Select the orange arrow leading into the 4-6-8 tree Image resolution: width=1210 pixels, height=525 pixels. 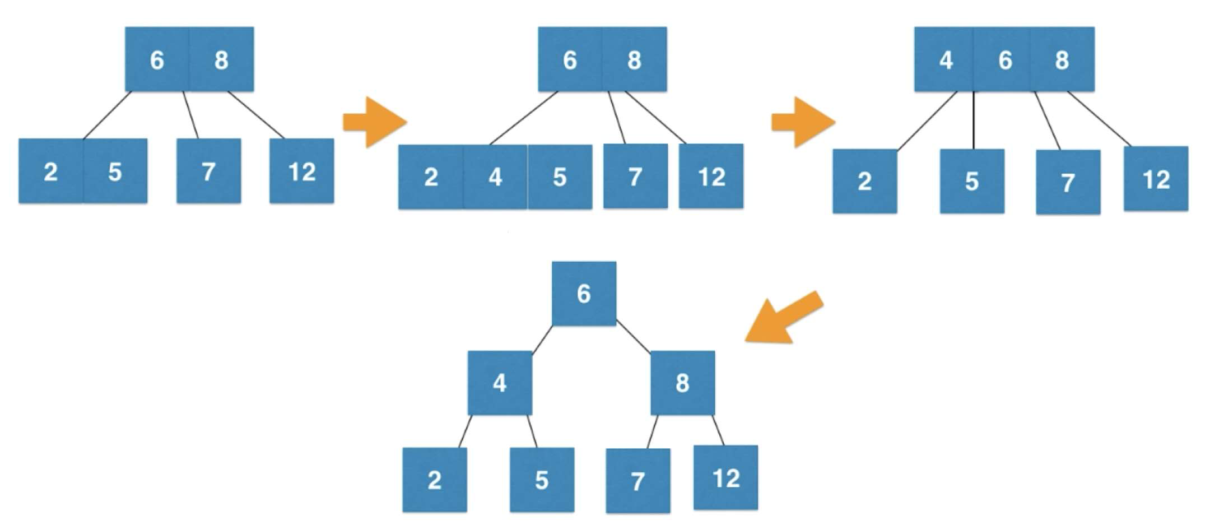[x=803, y=122]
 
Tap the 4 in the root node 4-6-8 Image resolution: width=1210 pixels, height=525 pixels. [x=944, y=59]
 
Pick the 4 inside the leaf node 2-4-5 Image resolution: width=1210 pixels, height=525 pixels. [x=495, y=177]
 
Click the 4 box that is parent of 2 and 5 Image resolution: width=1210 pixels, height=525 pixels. [x=500, y=383]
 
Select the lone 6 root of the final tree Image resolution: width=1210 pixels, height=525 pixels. [x=584, y=294]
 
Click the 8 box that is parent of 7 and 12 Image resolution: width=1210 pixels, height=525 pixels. [x=682, y=383]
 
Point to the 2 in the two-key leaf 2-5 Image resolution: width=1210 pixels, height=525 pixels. [x=51, y=171]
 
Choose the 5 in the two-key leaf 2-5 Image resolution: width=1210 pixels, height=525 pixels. [x=115, y=171]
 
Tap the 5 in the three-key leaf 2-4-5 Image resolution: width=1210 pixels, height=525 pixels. [x=560, y=177]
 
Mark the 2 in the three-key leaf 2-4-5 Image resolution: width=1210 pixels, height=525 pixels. [x=431, y=177]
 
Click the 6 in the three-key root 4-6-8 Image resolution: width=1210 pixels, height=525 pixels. [x=1003, y=59]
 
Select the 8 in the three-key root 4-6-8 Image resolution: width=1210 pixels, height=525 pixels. [x=1063, y=59]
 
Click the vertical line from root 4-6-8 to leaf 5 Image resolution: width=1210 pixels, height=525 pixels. [x=974, y=120]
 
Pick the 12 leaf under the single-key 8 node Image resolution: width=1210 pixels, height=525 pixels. [x=725, y=478]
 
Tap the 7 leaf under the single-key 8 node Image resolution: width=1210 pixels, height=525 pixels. [x=638, y=481]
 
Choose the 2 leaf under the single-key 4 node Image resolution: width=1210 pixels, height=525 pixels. [x=435, y=480]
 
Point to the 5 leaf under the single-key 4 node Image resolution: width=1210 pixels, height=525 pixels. [x=542, y=480]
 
